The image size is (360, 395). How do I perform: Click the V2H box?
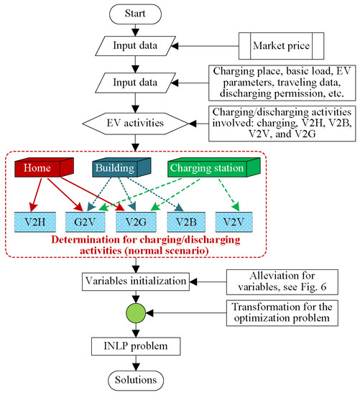pos(34,220)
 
